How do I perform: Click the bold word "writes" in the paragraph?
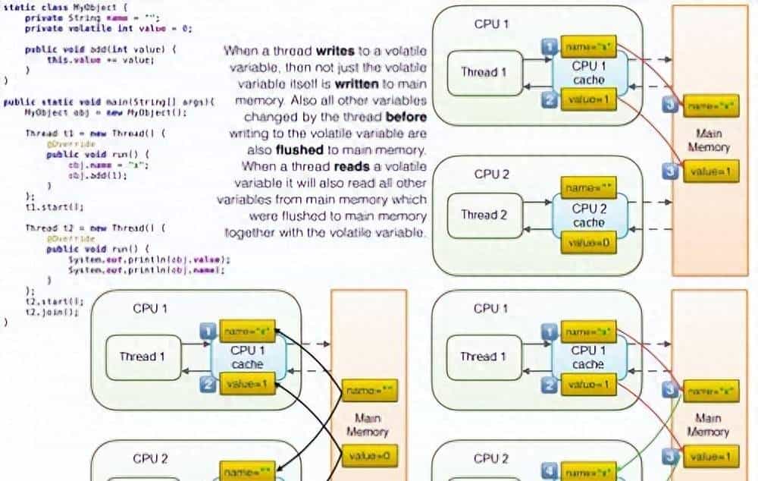pos(330,52)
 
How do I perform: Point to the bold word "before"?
pos(406,118)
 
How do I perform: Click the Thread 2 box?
pos(485,215)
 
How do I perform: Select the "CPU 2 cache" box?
pos(588,215)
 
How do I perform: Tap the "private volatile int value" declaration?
pos(108,27)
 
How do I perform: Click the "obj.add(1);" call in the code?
pos(98,174)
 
